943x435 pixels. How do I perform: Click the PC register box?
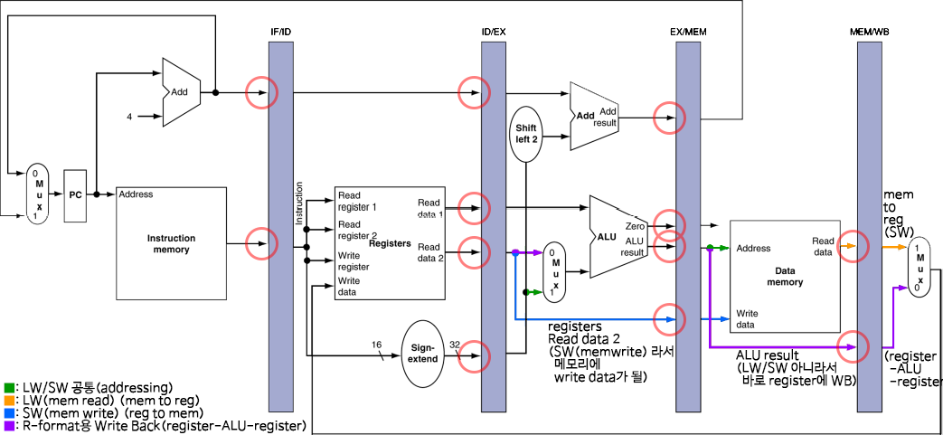(76, 194)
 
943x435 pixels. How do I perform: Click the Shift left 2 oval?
(527, 133)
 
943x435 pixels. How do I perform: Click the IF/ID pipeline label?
(281, 33)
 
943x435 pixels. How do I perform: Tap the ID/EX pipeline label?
(494, 33)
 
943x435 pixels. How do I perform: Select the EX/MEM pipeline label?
(687, 33)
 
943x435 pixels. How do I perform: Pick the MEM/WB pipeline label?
(869, 33)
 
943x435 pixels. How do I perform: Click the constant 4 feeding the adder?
(129, 117)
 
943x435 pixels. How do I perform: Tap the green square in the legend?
(8, 388)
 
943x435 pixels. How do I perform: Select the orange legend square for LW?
(8, 400)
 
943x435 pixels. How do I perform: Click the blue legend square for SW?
(8, 412)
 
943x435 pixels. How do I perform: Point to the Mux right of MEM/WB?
(919, 268)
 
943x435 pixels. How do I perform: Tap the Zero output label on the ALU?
(634, 226)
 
